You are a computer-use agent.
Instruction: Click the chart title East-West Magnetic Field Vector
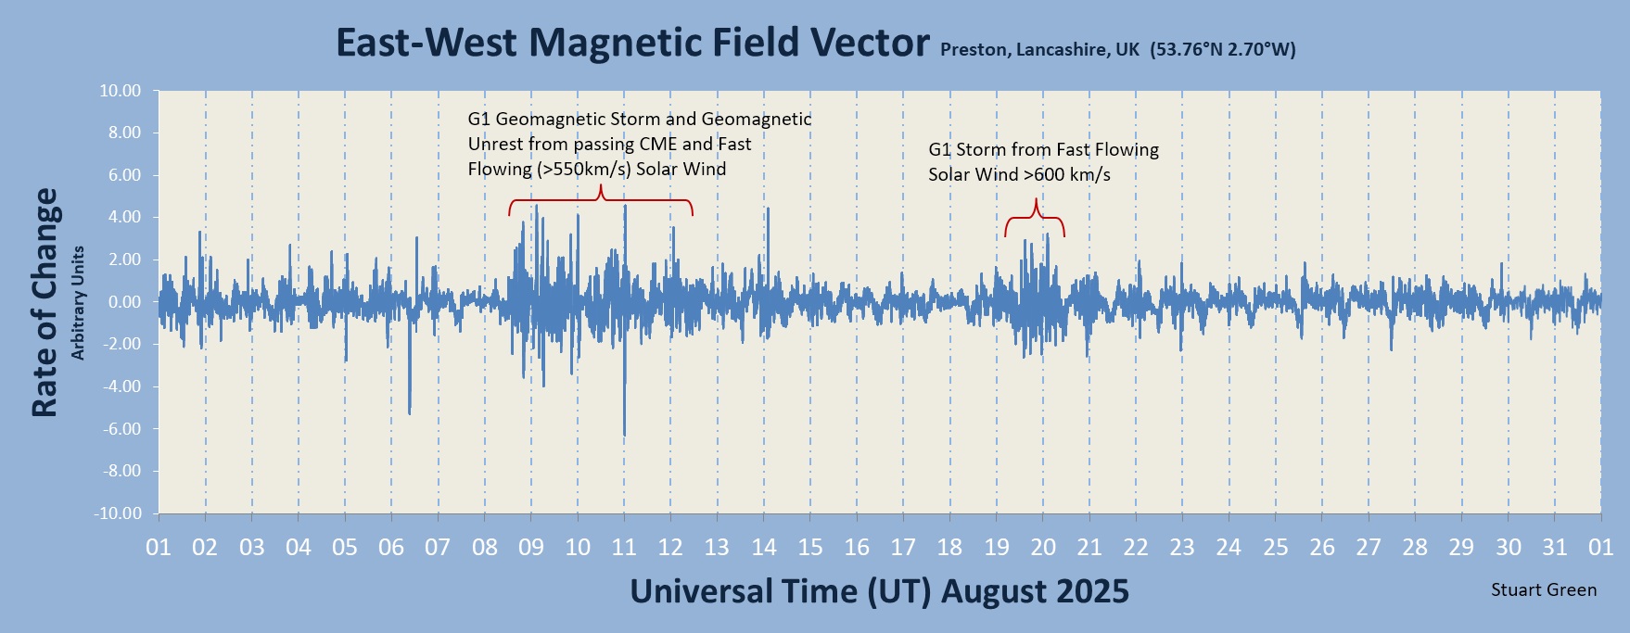tap(632, 43)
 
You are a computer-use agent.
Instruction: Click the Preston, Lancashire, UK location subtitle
tap(1117, 50)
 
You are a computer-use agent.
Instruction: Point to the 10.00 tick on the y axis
tap(121, 91)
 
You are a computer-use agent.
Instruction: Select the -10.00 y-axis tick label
tap(118, 513)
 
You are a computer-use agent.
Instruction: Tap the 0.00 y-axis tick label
tap(124, 302)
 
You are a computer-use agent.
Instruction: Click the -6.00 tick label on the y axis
tap(121, 429)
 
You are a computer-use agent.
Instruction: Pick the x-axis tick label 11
tap(624, 547)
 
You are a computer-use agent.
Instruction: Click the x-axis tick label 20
tap(1043, 547)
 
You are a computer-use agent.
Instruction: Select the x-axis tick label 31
tap(1555, 547)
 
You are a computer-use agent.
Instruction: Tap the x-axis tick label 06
tap(391, 547)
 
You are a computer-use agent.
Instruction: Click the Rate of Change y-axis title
tap(45, 302)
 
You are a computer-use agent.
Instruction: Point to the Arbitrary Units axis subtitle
tap(79, 302)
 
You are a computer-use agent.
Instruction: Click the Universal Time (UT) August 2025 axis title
tap(880, 591)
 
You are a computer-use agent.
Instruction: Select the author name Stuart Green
tap(1544, 589)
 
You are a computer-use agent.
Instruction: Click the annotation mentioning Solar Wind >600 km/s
tap(1044, 162)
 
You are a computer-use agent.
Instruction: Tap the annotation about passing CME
tap(640, 144)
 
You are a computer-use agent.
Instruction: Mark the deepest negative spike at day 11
tap(624, 434)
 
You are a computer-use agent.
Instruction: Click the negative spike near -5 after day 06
tap(409, 412)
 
